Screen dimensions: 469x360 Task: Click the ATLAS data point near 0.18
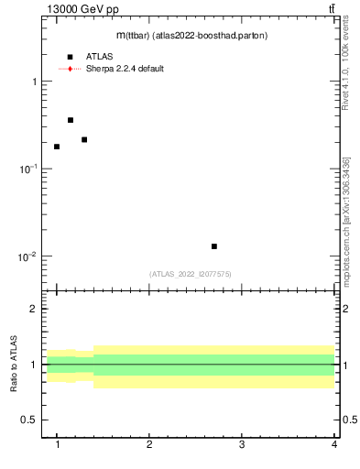(57, 147)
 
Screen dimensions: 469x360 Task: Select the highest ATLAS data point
(71, 120)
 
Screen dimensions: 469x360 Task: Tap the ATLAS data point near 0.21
(84, 140)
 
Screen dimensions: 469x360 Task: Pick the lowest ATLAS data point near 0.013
(214, 246)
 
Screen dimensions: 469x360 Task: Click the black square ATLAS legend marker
(70, 57)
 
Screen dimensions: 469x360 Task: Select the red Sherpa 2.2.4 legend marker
(70, 69)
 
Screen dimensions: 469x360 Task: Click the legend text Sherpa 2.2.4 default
(125, 69)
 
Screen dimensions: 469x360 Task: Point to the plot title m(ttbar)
(191, 35)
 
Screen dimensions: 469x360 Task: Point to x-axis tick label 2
(149, 445)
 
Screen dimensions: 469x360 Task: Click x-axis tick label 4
(333, 445)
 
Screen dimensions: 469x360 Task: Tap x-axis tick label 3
(242, 445)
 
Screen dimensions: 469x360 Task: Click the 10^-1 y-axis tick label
(27, 169)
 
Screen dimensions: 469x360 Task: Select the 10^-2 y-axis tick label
(27, 256)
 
